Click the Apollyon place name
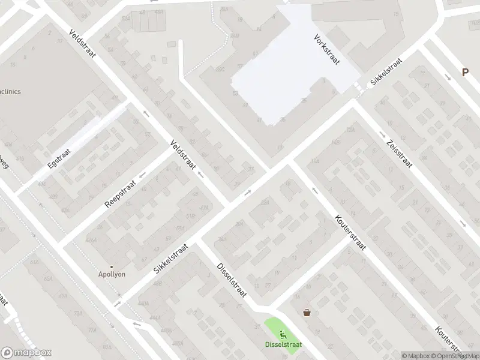(112, 275)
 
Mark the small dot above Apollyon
(112, 266)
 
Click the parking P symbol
(465, 72)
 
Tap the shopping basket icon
(307, 312)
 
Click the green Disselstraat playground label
(283, 344)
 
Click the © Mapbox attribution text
(413, 356)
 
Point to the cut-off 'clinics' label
(11, 92)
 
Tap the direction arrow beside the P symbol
(448, 77)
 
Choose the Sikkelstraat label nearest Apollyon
(171, 259)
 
